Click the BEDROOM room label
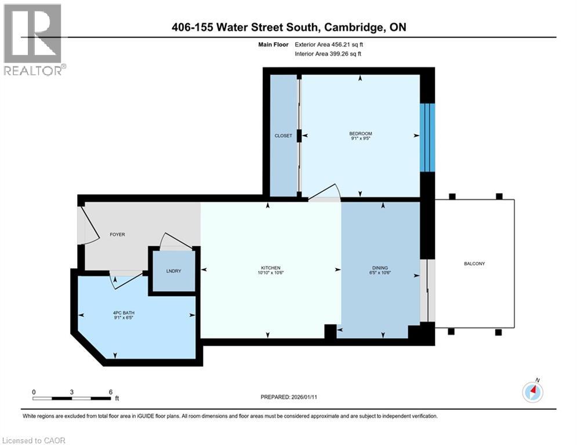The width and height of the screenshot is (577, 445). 361,133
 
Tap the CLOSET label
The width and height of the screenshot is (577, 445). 283,136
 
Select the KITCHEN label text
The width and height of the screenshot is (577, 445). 270,268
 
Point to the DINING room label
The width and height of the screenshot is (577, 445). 380,268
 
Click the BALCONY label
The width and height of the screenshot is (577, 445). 474,264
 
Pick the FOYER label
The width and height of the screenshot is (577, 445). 118,234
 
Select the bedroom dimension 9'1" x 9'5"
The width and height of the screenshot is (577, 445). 361,139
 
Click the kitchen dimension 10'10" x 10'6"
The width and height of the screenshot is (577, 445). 270,273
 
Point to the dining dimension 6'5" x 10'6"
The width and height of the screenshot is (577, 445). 380,273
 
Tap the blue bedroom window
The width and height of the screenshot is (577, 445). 427,137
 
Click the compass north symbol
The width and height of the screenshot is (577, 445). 532,392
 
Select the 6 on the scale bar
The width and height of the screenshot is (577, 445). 110,392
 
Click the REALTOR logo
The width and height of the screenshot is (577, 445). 33,39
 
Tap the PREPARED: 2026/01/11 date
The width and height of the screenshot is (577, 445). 289,397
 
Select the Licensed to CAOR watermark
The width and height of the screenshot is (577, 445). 34,440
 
